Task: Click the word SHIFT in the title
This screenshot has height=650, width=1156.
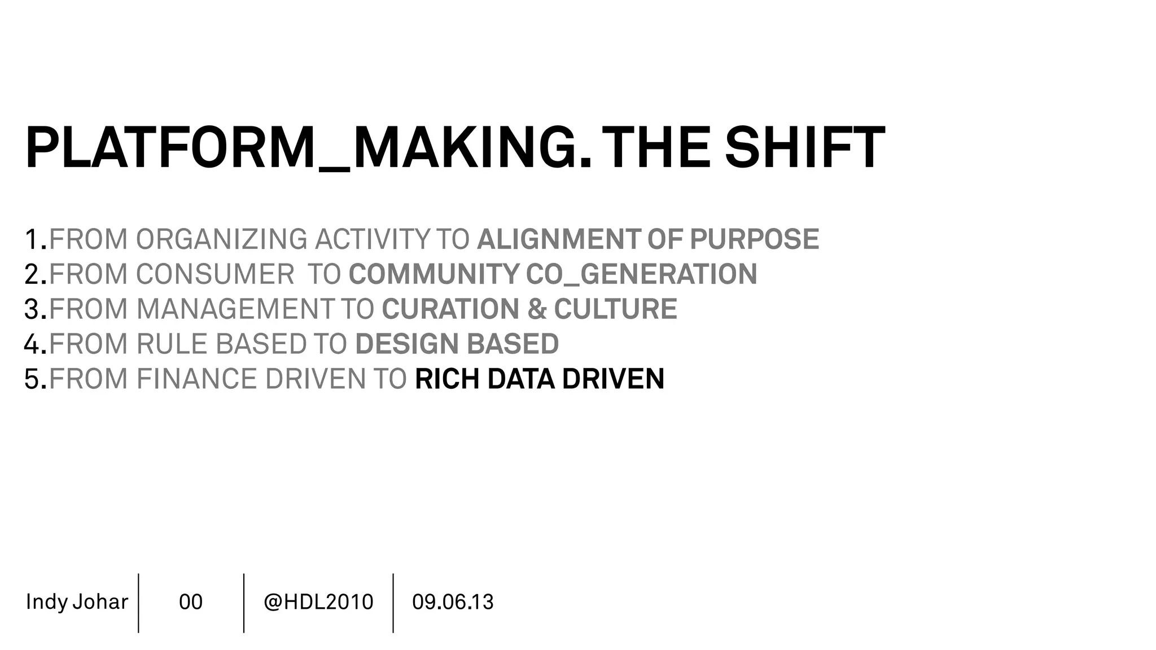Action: tap(804, 148)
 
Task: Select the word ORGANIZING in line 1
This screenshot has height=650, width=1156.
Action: tap(221, 239)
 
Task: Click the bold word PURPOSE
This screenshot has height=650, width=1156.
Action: tap(754, 239)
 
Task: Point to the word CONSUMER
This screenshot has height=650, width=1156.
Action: tap(215, 274)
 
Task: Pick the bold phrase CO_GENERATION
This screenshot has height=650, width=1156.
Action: tap(641, 274)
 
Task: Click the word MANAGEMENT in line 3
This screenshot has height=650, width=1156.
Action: tap(235, 309)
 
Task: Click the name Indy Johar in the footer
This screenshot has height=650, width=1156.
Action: tap(77, 602)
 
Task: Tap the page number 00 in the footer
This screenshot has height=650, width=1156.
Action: tap(191, 602)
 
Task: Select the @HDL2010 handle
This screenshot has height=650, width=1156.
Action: tap(318, 602)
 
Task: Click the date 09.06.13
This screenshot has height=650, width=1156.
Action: tap(453, 602)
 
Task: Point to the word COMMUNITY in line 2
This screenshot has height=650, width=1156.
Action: tap(433, 274)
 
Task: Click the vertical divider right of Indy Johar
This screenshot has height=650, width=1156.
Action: tap(138, 603)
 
